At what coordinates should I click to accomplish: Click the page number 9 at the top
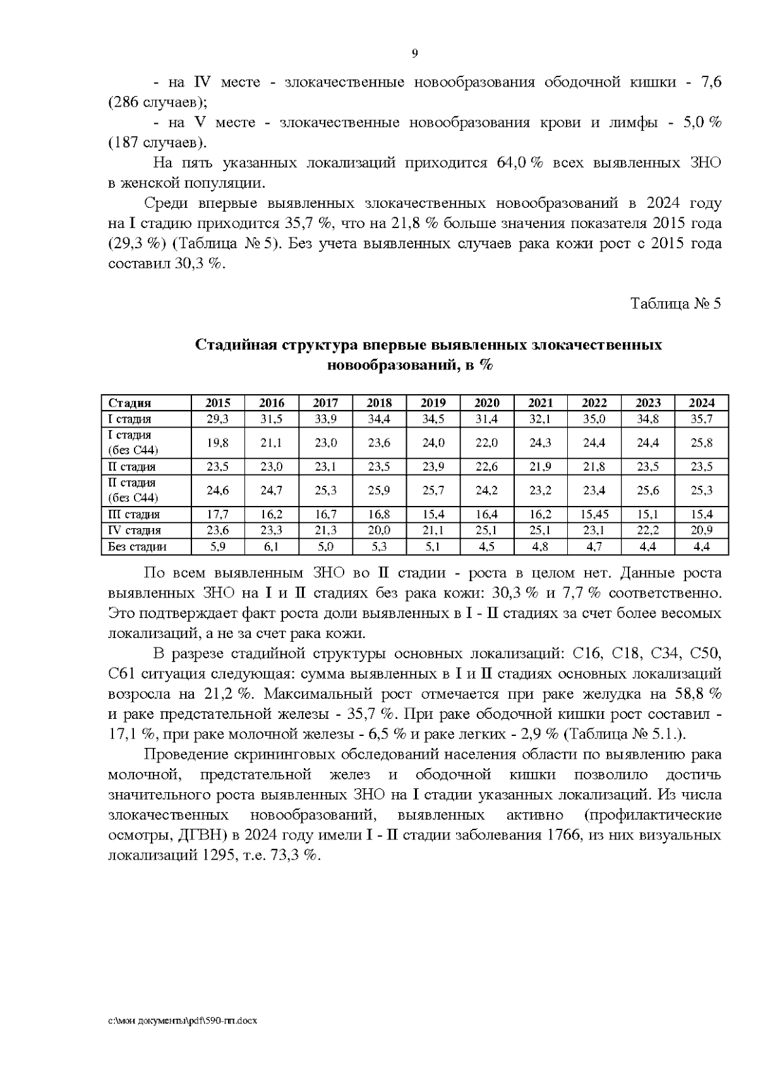pos(414,54)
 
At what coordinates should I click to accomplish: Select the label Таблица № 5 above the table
pos(675,304)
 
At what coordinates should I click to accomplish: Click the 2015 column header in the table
pos(218,403)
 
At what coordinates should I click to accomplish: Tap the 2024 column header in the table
pos(701,403)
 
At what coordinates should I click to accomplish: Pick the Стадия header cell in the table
pos(129,403)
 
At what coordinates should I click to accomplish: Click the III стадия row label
pos(134,515)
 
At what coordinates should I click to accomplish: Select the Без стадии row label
pos(137,547)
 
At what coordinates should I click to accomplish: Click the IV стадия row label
pos(135,531)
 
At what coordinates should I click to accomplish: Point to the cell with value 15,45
pos(594,515)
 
